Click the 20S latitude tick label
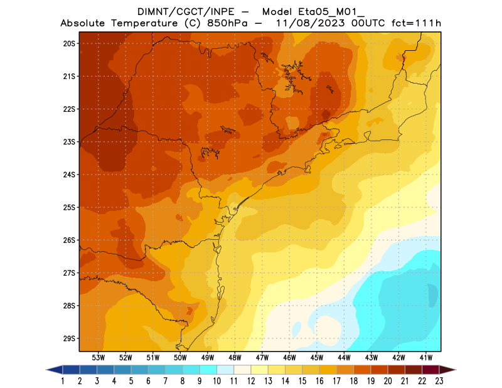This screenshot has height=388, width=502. pyautogui.click(x=69, y=43)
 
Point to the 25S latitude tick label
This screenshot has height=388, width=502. pyautogui.click(x=69, y=207)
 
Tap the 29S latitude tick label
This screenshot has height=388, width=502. pyautogui.click(x=69, y=338)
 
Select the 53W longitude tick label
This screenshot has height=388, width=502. pyautogui.click(x=98, y=357)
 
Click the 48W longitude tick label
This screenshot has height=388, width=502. pyautogui.click(x=235, y=357)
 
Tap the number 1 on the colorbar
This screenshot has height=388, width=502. pyautogui.click(x=63, y=380)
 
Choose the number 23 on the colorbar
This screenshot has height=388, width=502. pyautogui.click(x=439, y=380)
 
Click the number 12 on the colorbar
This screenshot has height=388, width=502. pyautogui.click(x=251, y=380)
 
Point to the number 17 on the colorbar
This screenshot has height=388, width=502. pyautogui.click(x=336, y=380)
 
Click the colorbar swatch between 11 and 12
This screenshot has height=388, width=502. pyautogui.click(x=242, y=370)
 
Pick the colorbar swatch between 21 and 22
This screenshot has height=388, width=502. pyautogui.click(x=413, y=370)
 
